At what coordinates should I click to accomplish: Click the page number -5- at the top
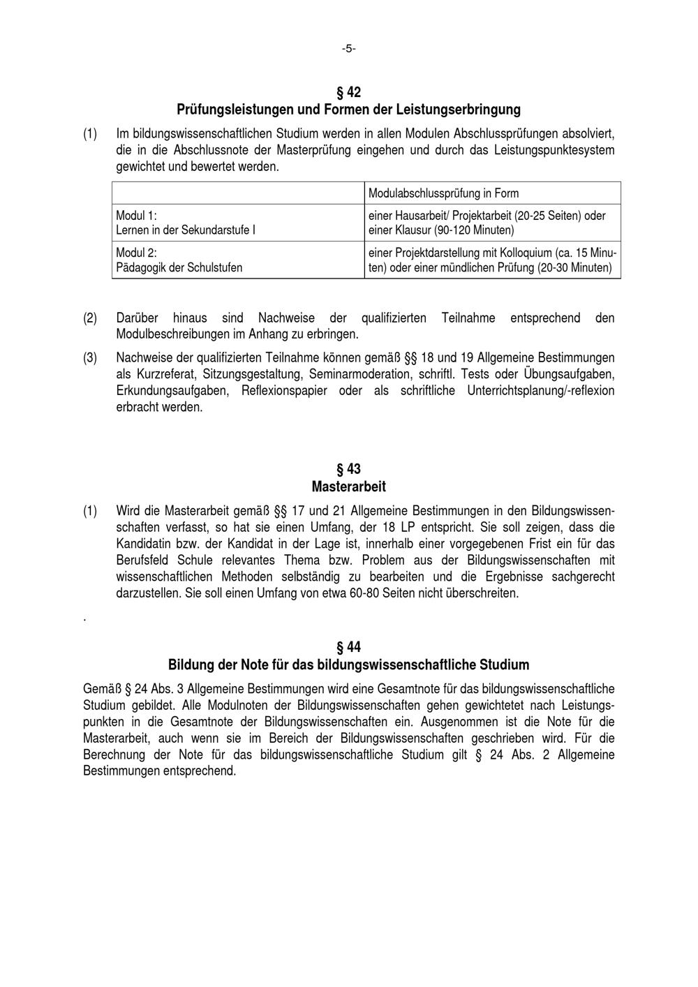tap(348, 49)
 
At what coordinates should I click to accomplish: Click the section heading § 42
tap(348, 92)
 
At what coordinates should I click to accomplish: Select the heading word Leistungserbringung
tap(460, 110)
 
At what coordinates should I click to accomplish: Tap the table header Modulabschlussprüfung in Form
tap(443, 193)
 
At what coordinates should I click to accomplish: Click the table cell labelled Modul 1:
tap(136, 216)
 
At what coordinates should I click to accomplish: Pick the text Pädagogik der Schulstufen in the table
tap(179, 267)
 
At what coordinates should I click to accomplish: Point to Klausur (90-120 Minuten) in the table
tap(454, 230)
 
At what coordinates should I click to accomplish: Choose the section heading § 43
tap(348, 469)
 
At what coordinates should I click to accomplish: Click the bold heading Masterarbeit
tap(348, 486)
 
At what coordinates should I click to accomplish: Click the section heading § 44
tap(348, 647)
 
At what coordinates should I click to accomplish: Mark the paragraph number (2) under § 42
tap(90, 318)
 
